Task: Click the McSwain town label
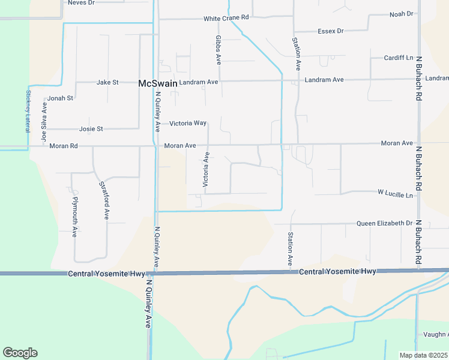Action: coord(158,83)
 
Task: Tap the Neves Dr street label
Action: coord(82,3)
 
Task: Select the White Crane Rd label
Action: coord(226,19)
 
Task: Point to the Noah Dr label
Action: coord(402,14)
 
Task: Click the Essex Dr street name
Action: coord(331,31)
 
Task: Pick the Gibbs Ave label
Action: coord(218,50)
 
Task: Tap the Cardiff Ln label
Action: coord(399,58)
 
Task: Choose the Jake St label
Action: coord(108,82)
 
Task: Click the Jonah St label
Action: coord(60,98)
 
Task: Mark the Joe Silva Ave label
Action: coord(44,122)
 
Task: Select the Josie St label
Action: coord(91,129)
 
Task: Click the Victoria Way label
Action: coord(188,124)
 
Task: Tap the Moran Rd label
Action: coord(64,146)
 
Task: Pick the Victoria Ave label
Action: coord(206,169)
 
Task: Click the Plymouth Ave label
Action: coord(75,216)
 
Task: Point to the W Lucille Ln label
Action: coord(396,194)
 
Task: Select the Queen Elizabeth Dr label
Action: coord(385,223)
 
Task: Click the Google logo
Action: coord(20,353)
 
